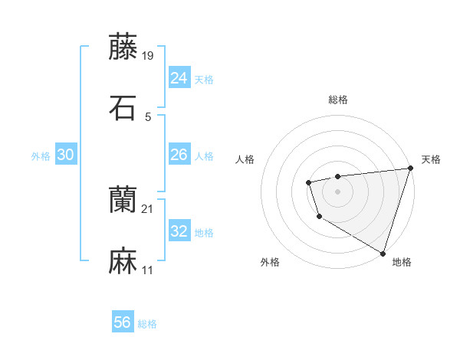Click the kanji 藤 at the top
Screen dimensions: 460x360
123,46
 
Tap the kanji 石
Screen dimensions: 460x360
123,107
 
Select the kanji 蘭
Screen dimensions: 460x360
123,201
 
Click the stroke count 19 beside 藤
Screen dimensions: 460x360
149,55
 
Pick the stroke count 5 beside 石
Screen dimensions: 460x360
148,116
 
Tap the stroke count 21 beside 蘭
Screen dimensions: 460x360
148,208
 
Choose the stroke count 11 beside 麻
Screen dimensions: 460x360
148,270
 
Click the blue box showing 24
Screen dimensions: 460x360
179,78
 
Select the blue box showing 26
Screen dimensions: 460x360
179,155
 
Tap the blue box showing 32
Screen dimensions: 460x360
179,231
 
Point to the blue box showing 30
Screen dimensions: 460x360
65,155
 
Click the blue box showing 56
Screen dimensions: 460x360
123,322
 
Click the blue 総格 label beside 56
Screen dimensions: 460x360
147,324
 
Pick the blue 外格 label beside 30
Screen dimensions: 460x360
41,156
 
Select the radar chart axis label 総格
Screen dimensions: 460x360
337,100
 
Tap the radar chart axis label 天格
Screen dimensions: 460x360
431,159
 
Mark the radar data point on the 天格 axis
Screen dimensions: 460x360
410,169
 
